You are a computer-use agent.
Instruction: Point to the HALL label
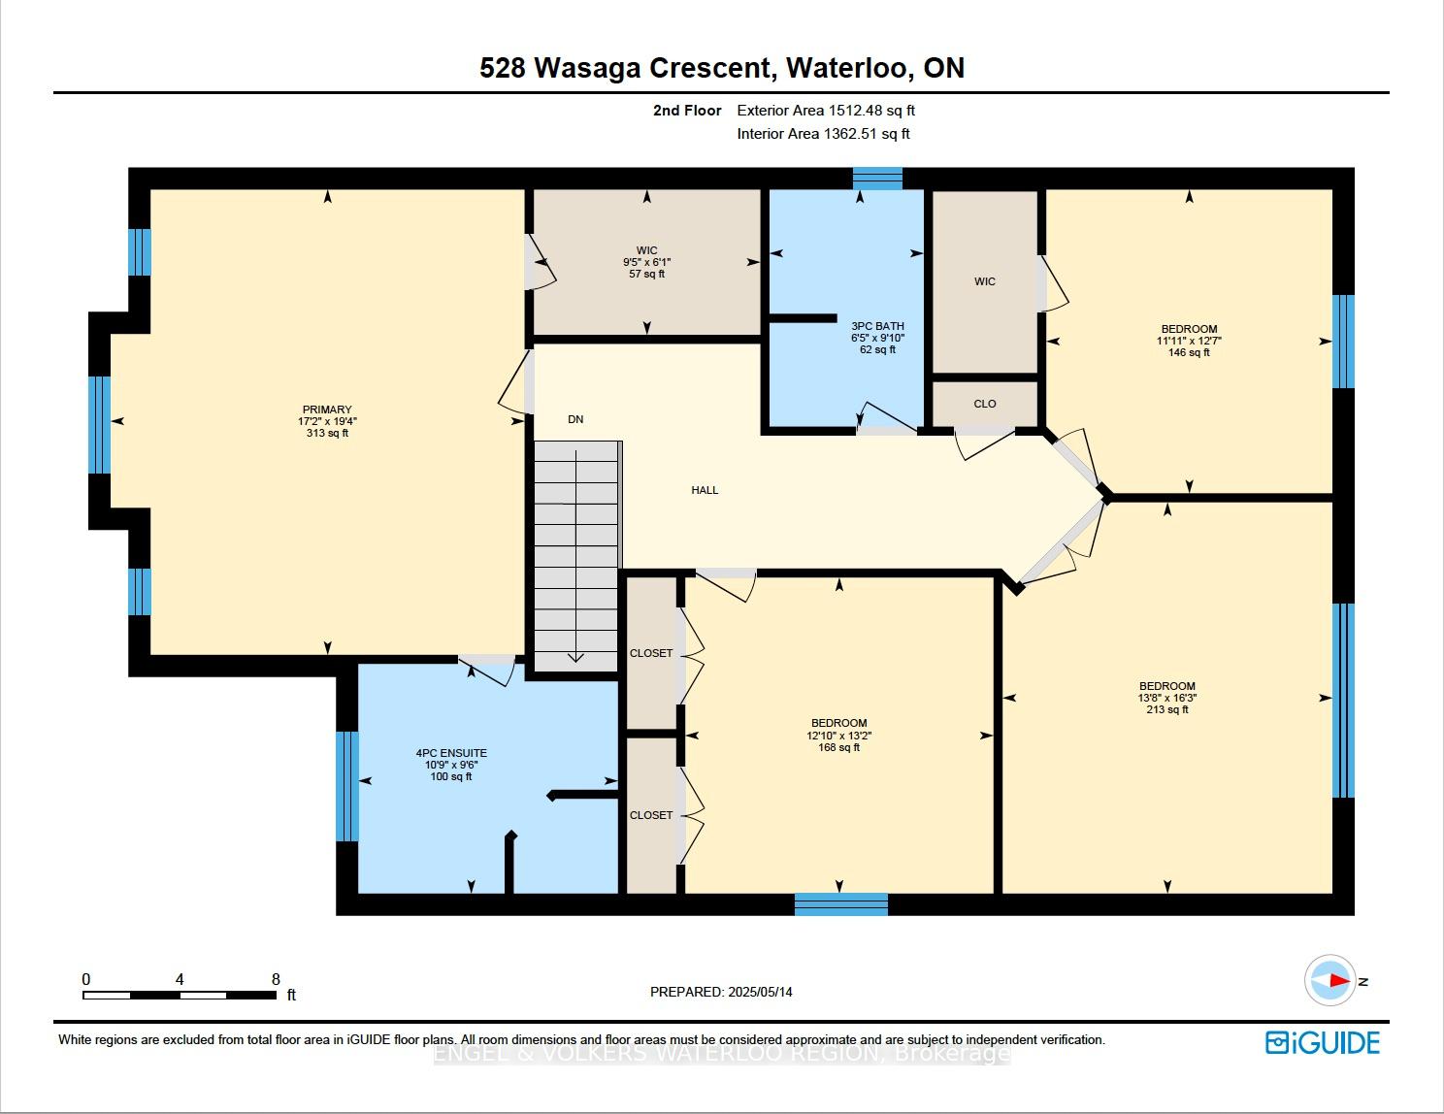point(705,490)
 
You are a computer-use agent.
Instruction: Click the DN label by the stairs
point(575,419)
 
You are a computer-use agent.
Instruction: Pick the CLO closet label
point(985,404)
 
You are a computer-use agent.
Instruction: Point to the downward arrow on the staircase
point(575,556)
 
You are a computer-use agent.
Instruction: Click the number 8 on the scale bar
point(276,979)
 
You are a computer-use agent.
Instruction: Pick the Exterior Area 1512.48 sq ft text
point(826,111)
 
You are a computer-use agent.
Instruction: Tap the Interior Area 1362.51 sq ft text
point(823,134)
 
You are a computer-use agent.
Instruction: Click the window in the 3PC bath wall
point(877,179)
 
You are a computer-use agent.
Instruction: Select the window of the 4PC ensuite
point(346,787)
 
